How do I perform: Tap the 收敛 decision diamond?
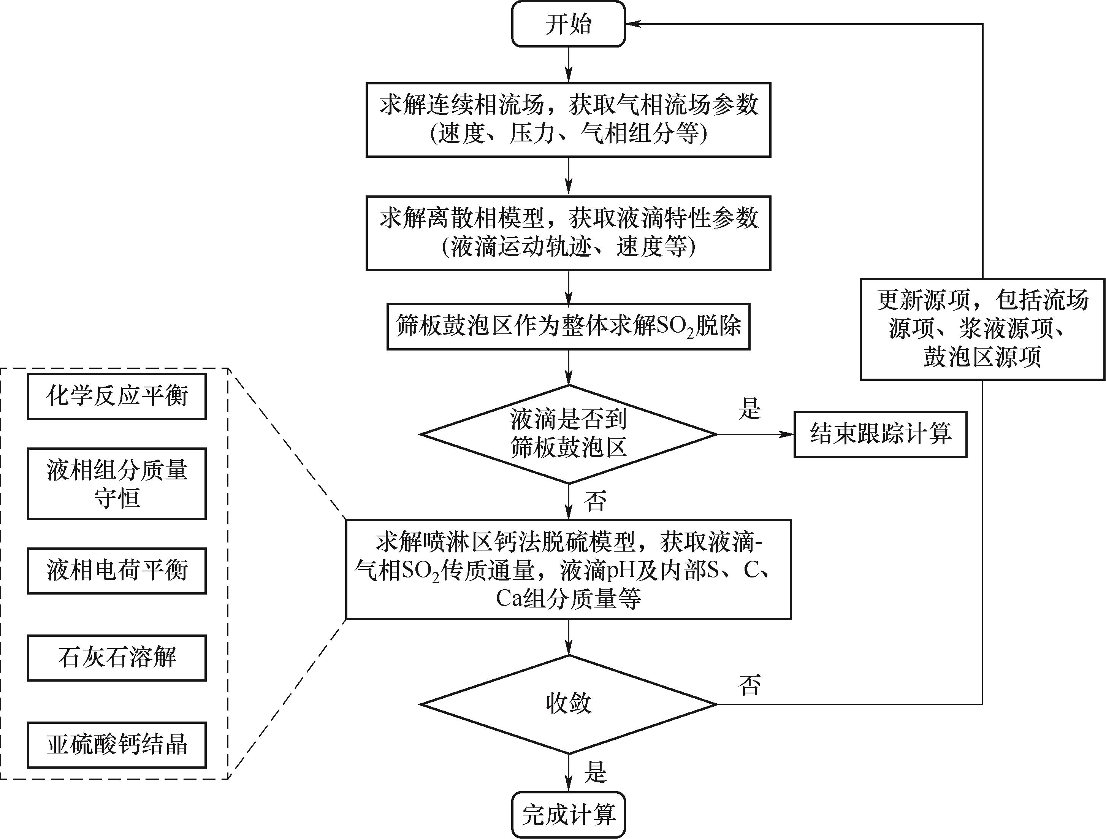(x=569, y=704)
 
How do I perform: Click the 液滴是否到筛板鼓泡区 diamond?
(x=569, y=434)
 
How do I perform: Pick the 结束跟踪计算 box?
(x=880, y=434)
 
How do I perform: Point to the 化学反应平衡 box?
(x=117, y=396)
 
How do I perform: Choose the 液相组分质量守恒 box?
(x=117, y=484)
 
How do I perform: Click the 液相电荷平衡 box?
(x=117, y=571)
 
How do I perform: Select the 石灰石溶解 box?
(x=117, y=658)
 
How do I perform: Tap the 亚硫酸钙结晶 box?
(x=117, y=744)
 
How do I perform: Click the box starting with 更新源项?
(x=982, y=329)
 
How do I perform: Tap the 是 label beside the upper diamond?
(x=749, y=409)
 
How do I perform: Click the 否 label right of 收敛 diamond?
(x=749, y=685)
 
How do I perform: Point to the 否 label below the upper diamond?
(x=595, y=501)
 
